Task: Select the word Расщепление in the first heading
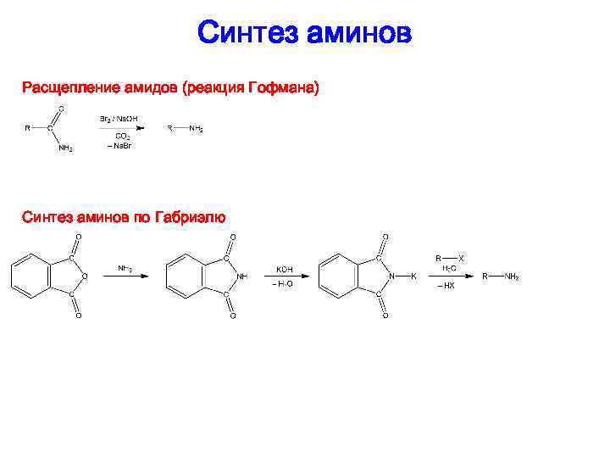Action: (x=71, y=87)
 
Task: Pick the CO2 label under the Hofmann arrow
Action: (x=122, y=136)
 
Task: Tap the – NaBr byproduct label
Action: (x=119, y=146)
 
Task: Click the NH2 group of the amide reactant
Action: (x=65, y=148)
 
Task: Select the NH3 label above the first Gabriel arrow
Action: (x=125, y=268)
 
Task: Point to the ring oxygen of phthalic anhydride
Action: (x=85, y=276)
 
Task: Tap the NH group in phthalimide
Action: (x=242, y=276)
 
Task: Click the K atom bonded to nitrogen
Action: (x=413, y=276)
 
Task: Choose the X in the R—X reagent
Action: (x=461, y=257)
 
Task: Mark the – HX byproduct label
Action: (x=446, y=287)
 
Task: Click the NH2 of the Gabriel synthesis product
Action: (x=512, y=276)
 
